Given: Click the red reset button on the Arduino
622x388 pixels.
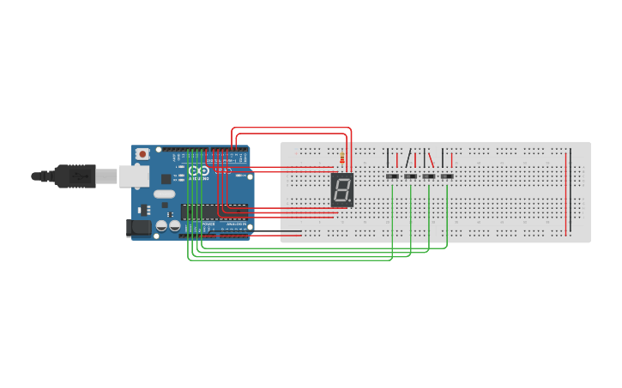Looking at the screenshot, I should [142, 154].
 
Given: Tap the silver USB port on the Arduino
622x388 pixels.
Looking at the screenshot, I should [134, 176].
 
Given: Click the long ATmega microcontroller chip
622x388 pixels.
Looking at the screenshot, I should [214, 212].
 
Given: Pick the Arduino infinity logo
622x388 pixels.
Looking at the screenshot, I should [199, 170].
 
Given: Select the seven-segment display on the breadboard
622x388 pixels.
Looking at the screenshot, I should [341, 190].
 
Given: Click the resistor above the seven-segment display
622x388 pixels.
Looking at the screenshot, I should [343, 158].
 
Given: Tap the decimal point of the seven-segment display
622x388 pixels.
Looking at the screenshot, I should [350, 203].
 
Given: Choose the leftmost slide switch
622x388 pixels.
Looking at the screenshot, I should [392, 177].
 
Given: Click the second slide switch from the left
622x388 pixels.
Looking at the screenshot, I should [410, 177].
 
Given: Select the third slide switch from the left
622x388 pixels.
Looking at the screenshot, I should [428, 177].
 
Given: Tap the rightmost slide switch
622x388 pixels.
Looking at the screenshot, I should [446, 177].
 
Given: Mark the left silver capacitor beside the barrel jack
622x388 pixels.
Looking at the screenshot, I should [160, 226].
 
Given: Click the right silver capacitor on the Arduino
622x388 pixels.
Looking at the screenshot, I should [174, 226].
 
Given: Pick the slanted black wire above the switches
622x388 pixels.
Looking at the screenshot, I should [408, 158].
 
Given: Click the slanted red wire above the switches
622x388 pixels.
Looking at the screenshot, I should [432, 158].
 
